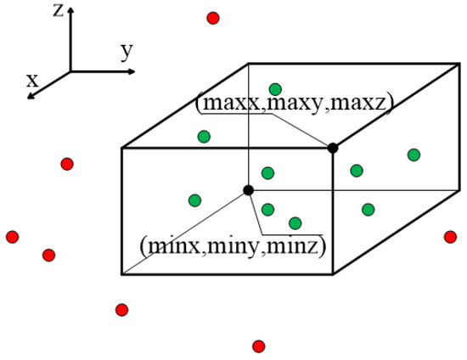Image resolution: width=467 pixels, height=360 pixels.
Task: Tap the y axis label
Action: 127,52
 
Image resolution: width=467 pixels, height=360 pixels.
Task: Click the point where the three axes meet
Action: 70,70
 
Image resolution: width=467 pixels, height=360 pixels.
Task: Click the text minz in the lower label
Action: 303,247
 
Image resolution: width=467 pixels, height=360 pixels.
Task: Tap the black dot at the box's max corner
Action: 333,148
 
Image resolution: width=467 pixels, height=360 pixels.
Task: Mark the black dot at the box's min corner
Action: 248,190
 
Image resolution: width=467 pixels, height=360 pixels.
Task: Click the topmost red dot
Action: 213,18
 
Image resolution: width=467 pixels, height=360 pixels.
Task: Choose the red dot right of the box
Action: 450,236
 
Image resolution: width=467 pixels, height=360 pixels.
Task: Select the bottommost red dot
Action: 258,346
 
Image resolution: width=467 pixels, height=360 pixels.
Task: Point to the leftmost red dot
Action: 12,236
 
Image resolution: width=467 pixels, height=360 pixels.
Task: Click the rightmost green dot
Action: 414,155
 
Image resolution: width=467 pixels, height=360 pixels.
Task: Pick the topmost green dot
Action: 275,89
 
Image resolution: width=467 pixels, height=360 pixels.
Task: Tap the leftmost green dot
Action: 194,200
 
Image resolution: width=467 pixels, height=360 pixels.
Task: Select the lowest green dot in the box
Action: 295,223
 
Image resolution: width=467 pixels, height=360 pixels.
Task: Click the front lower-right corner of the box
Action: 333,275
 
